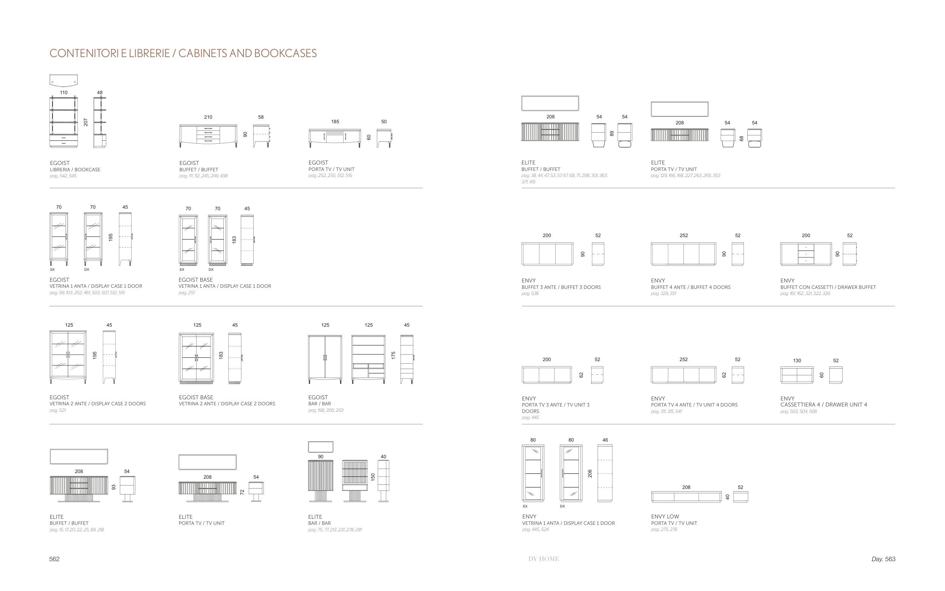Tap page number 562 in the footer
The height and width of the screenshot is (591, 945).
click(54, 559)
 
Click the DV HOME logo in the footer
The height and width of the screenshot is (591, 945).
click(544, 559)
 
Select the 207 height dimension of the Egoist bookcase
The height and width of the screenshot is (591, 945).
click(85, 123)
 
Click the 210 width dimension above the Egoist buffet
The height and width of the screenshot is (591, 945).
click(208, 117)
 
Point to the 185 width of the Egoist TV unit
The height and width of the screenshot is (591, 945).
click(335, 121)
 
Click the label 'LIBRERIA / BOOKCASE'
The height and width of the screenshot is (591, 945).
click(75, 170)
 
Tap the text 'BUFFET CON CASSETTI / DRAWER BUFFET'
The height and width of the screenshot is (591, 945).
click(828, 287)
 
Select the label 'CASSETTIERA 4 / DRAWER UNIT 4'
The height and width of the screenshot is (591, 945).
click(824, 405)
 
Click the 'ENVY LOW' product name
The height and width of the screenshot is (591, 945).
click(665, 517)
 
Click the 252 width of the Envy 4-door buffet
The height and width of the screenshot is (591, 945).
click(684, 235)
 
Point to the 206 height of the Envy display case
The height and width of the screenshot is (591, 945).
click(590, 473)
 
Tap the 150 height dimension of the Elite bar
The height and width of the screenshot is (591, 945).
click(373, 477)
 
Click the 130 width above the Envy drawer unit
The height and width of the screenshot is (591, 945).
click(797, 360)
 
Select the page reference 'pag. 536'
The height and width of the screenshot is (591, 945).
click(530, 293)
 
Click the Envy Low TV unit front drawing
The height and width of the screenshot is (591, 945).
click(686, 497)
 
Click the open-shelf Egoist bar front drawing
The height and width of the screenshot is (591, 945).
click(368, 359)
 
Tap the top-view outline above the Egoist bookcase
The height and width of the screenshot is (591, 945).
click(64, 80)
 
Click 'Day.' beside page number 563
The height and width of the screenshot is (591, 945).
click(877, 559)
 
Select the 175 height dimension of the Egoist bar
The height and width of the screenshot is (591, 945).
click(393, 355)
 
